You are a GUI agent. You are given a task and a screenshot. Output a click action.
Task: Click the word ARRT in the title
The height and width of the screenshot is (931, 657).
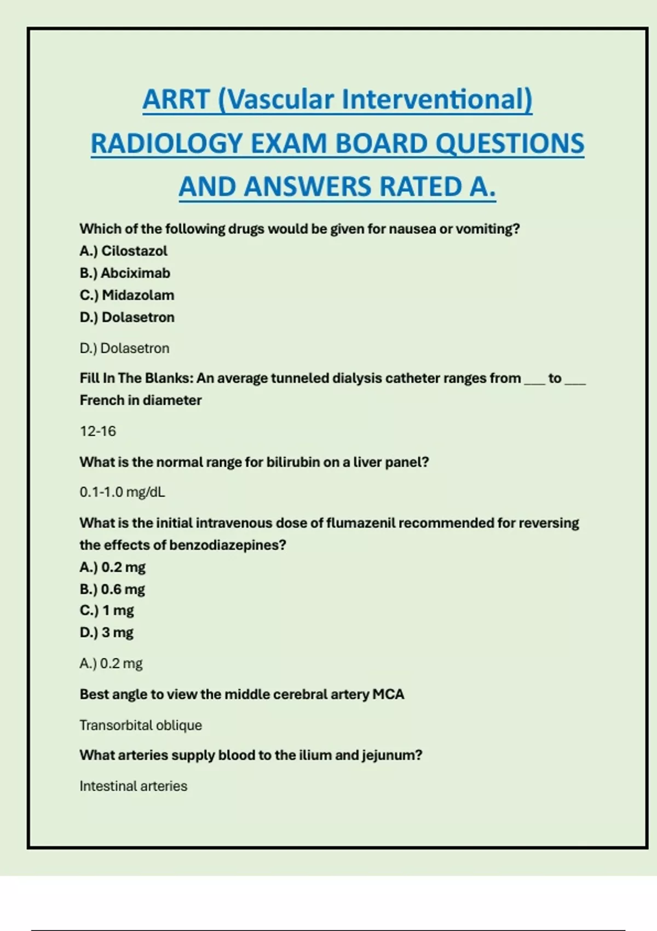pyautogui.click(x=176, y=100)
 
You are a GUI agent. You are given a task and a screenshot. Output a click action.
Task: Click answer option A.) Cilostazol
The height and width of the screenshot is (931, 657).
pyautogui.click(x=123, y=251)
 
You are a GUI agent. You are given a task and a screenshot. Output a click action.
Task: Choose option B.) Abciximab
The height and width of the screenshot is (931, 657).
pyautogui.click(x=125, y=273)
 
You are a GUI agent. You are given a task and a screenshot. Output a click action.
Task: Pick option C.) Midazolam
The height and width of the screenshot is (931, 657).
pyautogui.click(x=127, y=295)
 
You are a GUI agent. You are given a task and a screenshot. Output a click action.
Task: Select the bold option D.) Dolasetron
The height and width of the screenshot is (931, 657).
pyautogui.click(x=127, y=317)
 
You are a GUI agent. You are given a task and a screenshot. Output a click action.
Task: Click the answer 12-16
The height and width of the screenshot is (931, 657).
pyautogui.click(x=98, y=432)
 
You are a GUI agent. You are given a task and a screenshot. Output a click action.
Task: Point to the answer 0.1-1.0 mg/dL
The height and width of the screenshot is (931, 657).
pyautogui.click(x=122, y=492)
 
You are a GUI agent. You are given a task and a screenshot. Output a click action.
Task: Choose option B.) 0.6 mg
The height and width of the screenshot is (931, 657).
pyautogui.click(x=112, y=589)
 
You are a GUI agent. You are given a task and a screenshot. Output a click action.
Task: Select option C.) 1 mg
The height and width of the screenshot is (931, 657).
pyautogui.click(x=107, y=611)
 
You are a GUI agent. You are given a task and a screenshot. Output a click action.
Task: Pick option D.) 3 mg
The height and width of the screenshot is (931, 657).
pyautogui.click(x=107, y=633)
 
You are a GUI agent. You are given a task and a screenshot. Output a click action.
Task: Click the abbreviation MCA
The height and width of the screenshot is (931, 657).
pyautogui.click(x=388, y=694)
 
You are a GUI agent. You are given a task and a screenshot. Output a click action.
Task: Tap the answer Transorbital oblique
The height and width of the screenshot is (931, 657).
pyautogui.click(x=141, y=725)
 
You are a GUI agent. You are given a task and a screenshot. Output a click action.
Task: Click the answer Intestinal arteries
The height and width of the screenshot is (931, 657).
pyautogui.click(x=133, y=786)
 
